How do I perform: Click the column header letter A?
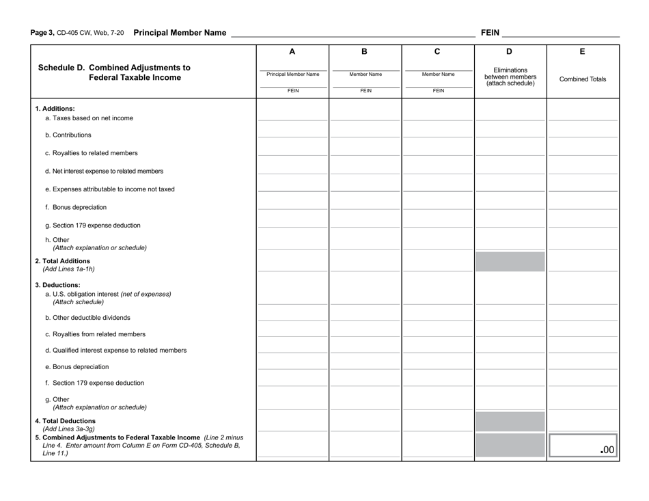pos(292,51)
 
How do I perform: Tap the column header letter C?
pos(437,51)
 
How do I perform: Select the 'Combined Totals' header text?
pos(583,79)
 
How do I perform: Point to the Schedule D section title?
pos(114,72)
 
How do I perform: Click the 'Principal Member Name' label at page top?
pos(180,32)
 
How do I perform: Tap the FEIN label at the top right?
pos(491,32)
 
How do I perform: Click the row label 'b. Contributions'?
pos(68,135)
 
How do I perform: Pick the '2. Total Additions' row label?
pos(63,261)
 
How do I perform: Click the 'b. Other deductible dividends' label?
pos(87,318)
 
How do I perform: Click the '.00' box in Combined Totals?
pos(583,445)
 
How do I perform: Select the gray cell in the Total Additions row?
pos(510,262)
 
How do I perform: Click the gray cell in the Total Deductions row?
pos(510,421)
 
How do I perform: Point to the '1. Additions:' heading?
pos(55,109)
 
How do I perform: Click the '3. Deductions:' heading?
pos(57,285)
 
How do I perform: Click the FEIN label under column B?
pos(365,90)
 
